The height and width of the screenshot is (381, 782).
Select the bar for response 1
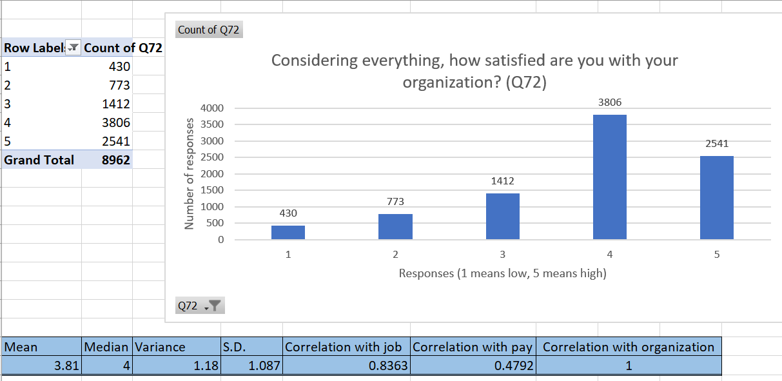tap(288, 232)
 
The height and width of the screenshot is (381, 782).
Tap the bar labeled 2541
tap(716, 197)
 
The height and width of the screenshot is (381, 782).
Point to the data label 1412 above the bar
tap(502, 181)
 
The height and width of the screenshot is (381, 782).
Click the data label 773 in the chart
tap(395, 202)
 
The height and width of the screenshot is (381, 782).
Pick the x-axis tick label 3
tap(502, 255)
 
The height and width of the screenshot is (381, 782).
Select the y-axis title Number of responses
tap(190, 173)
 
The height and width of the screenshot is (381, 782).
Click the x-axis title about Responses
tap(502, 273)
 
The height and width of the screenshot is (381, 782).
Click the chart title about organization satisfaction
tap(474, 72)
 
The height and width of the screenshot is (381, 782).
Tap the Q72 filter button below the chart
tap(199, 306)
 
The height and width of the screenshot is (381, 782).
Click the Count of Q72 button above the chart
tap(209, 30)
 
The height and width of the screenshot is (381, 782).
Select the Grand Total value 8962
tap(116, 160)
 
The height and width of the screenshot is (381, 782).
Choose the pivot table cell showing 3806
tap(116, 122)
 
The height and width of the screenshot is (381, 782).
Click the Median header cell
tap(107, 347)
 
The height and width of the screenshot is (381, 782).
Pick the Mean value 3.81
tap(66, 366)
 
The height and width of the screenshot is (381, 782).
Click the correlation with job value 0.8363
tap(382, 366)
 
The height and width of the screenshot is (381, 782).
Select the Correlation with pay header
tap(472, 347)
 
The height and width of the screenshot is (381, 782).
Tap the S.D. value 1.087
tap(264, 366)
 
